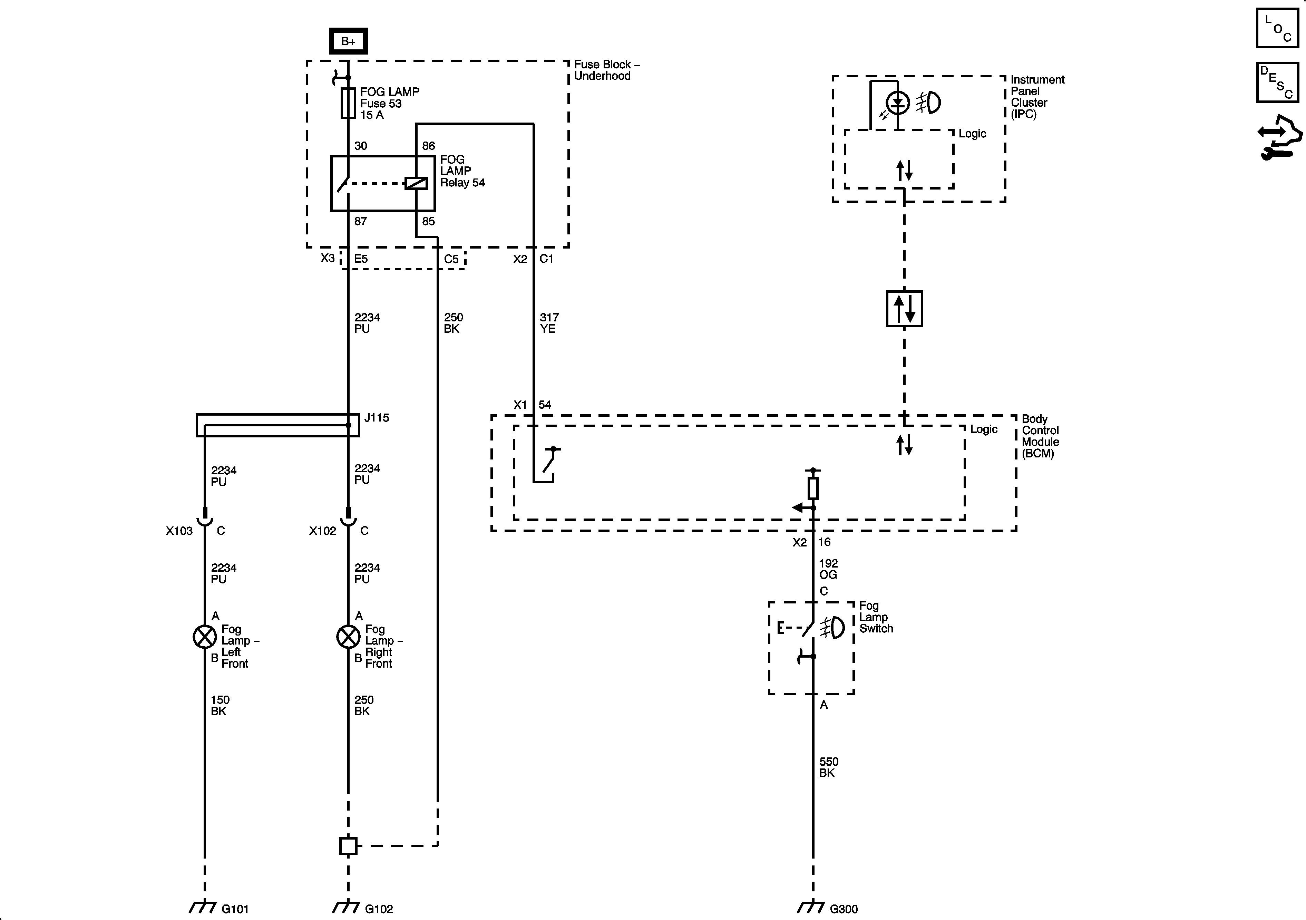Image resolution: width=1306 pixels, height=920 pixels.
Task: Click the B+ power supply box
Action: coord(348,41)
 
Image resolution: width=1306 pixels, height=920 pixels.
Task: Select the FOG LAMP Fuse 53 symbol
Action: coord(348,103)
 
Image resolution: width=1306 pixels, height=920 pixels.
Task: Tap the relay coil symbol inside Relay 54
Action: coord(416,183)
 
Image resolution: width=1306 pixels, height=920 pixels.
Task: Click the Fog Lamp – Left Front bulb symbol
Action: coord(205,637)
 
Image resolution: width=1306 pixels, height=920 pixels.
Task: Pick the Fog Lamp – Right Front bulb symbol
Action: coord(348,637)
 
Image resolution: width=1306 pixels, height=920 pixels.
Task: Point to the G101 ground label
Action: coord(235,909)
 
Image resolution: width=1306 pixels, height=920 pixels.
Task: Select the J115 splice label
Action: coord(377,418)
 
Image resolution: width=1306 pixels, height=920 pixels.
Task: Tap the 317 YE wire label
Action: coord(549,322)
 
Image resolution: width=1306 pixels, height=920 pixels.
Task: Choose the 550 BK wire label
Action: coord(828,767)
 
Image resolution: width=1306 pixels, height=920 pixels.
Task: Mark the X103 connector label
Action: coord(179,531)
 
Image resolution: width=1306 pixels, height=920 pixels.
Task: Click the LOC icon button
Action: coord(1277,28)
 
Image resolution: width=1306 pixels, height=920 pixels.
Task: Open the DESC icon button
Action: coord(1277,83)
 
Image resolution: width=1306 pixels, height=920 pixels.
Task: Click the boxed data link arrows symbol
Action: coord(904,309)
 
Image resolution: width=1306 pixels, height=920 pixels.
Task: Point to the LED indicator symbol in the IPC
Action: coord(898,103)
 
